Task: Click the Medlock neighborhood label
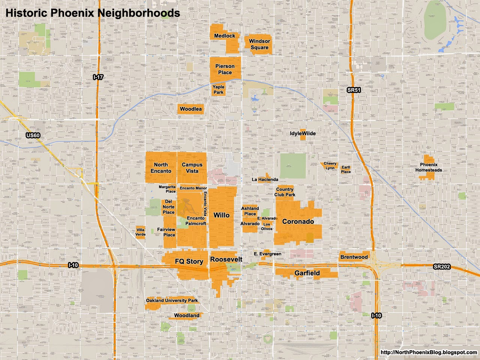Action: click(x=225, y=36)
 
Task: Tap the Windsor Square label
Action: click(x=259, y=44)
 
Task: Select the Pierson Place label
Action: click(x=225, y=69)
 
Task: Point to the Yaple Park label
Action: click(x=218, y=90)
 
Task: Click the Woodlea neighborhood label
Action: click(x=190, y=109)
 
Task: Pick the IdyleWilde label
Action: click(x=303, y=133)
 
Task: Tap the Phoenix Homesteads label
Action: click(x=429, y=167)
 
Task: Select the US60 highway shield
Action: click(x=33, y=135)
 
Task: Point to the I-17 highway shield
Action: click(x=98, y=77)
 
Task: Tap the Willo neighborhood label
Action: click(x=221, y=215)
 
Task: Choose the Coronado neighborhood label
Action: click(x=298, y=222)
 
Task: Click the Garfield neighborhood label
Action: click(x=307, y=273)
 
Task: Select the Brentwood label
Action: click(x=354, y=257)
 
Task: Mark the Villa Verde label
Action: click(x=140, y=232)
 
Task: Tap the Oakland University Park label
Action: click(x=172, y=300)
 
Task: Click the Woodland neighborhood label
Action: click(x=187, y=315)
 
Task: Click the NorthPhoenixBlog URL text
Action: click(x=429, y=352)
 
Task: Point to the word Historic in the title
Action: click(x=26, y=13)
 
